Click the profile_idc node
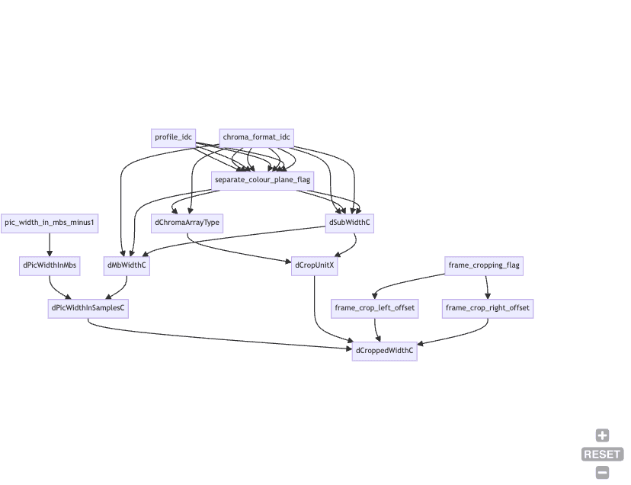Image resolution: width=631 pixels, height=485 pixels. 173,137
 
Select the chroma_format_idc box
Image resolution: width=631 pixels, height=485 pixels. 257,137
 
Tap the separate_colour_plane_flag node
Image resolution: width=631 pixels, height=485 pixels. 263,180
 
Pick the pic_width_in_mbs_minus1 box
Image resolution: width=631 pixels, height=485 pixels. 50,223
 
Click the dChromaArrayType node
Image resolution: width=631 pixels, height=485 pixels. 187,223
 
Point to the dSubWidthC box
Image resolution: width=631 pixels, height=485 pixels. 350,223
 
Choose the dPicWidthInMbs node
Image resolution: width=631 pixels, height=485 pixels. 50,266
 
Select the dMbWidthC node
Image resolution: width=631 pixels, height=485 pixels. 127,266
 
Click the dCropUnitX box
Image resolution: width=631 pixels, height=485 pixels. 315,266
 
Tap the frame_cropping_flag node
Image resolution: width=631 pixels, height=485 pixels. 484,266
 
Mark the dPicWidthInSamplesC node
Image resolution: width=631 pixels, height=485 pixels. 88,309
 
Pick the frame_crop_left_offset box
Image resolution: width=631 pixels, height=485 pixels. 375,309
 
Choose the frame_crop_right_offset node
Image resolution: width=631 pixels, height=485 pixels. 488,309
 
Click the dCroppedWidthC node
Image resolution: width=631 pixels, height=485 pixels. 385,352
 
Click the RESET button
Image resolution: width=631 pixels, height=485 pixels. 603,454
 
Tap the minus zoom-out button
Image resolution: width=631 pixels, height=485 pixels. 603,473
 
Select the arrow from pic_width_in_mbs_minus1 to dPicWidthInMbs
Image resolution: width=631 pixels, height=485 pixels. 50,244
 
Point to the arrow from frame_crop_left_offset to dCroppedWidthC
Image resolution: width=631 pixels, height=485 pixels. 376,329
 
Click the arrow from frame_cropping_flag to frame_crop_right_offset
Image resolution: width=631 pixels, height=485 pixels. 486,287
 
